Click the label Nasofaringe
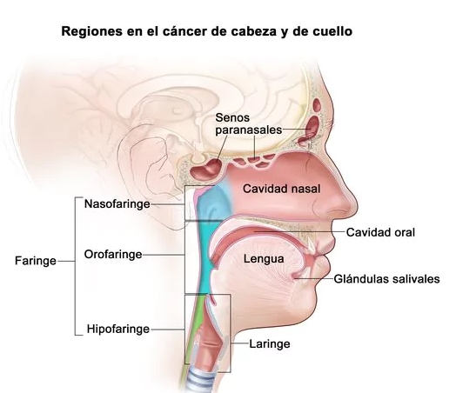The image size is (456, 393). (117, 204)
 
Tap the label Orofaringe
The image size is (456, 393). (113, 255)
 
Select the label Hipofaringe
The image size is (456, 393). (118, 330)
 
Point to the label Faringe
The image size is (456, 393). (36, 261)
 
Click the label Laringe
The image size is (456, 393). (270, 344)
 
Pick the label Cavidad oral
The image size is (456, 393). (380, 232)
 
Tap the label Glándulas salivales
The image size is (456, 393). (386, 279)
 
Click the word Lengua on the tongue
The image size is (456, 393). (264, 259)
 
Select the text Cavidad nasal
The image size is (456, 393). (281, 189)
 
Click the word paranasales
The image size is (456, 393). (249, 130)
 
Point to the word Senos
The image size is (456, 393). (232, 117)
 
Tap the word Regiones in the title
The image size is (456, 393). (91, 31)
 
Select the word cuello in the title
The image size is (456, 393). (332, 31)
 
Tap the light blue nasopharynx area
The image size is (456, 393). (214, 203)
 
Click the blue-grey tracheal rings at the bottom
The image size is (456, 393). (201, 381)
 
